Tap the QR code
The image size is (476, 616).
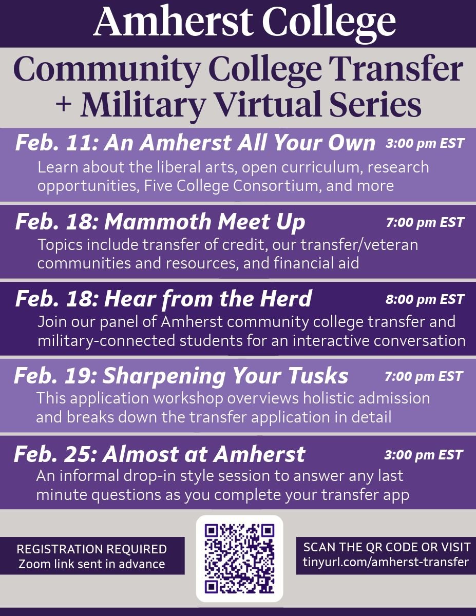[x=239, y=558]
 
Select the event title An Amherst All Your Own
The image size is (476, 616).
[x=240, y=143]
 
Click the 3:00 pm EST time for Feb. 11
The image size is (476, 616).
[x=425, y=143]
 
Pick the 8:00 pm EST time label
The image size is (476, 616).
[x=425, y=299]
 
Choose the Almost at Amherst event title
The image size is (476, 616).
[x=203, y=454]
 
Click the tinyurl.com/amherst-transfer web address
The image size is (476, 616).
[x=386, y=562]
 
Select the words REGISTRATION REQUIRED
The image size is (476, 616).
[x=92, y=549]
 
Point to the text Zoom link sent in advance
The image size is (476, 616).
[x=92, y=564]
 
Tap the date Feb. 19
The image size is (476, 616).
[x=53, y=376]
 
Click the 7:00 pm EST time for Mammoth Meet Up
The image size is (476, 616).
[x=425, y=222]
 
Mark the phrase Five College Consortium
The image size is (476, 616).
[x=232, y=185]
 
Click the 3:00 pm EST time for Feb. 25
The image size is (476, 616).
[x=424, y=454]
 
